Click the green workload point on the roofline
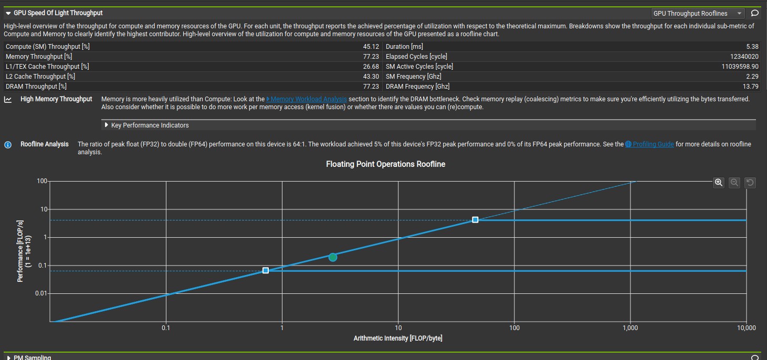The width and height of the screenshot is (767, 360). click(332, 257)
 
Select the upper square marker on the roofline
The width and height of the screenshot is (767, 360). click(475, 220)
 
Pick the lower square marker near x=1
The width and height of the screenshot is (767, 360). click(266, 270)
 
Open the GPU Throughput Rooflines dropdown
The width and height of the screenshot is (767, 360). click(697, 13)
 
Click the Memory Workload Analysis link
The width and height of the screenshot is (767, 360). click(308, 99)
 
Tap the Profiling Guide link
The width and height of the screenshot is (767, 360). click(653, 144)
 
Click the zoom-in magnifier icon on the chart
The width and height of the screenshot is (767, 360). click(719, 183)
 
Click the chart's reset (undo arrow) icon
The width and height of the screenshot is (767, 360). click(750, 183)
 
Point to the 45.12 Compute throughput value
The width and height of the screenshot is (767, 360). click(371, 47)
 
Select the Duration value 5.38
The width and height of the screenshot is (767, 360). click(752, 47)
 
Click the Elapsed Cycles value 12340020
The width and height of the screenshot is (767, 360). click(744, 57)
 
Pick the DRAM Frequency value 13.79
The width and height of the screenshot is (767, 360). click(751, 87)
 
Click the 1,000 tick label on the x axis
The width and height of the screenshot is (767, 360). click(630, 328)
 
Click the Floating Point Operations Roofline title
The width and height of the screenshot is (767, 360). click(385, 164)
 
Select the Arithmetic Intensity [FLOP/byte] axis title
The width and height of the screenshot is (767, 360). click(398, 338)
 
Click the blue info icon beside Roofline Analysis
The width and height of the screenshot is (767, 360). click(8, 144)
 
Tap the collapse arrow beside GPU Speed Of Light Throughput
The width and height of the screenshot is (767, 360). click(8, 13)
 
